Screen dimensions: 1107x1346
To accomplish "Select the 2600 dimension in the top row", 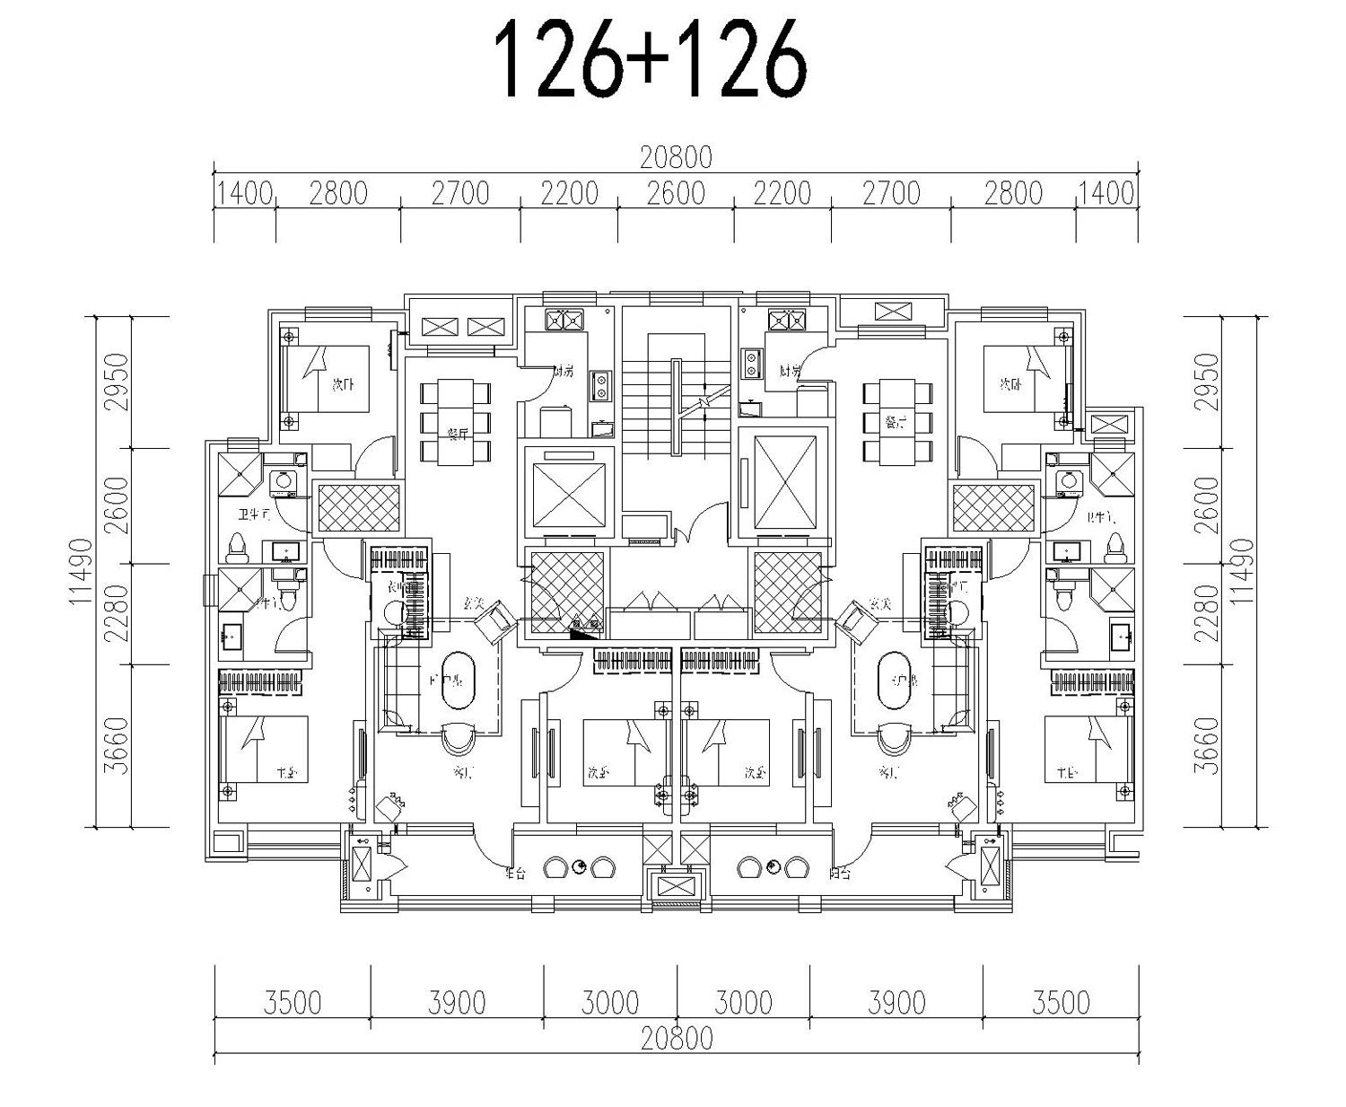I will point(675,194).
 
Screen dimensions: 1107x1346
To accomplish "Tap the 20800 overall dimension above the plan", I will point(675,158).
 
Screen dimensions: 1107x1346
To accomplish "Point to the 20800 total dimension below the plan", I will point(677,1039).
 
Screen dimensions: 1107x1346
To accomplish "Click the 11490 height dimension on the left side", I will point(80,571).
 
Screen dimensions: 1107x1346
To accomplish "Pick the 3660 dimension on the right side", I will point(1209,745).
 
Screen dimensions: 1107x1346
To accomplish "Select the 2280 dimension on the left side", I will point(116,613).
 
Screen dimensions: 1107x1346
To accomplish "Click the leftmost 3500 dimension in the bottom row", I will point(293,1002).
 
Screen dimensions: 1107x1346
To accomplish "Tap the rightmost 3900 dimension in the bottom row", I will point(896,1002).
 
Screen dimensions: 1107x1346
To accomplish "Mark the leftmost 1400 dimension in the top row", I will point(244,194).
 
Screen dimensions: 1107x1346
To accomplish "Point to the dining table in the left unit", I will point(456,422).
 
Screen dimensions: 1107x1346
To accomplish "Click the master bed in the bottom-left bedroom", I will point(266,749).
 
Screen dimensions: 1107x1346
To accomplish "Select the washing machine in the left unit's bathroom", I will point(285,482).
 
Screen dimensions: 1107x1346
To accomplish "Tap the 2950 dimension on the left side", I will point(116,382).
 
